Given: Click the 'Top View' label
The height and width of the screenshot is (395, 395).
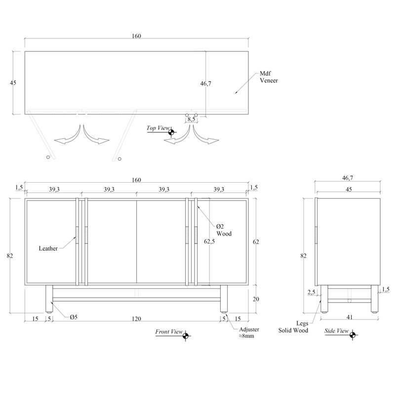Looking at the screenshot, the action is coord(158,128).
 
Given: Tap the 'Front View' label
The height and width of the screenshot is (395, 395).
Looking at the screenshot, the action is coord(169,331).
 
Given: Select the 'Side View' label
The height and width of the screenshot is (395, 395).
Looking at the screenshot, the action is coord(337,331).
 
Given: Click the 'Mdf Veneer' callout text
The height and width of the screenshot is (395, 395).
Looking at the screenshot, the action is coord(269,77).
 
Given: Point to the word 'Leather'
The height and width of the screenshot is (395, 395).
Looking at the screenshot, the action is coord(48,248).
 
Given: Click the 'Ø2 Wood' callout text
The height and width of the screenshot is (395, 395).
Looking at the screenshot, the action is coord(224,230).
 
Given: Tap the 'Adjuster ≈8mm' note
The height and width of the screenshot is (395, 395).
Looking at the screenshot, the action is coord(249,332).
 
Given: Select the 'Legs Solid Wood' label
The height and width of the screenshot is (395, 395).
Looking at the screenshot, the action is coord(293,327).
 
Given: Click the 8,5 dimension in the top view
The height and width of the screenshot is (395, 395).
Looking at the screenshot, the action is coord(192,119).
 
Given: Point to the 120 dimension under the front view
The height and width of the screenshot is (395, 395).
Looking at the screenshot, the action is coord(136,319).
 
